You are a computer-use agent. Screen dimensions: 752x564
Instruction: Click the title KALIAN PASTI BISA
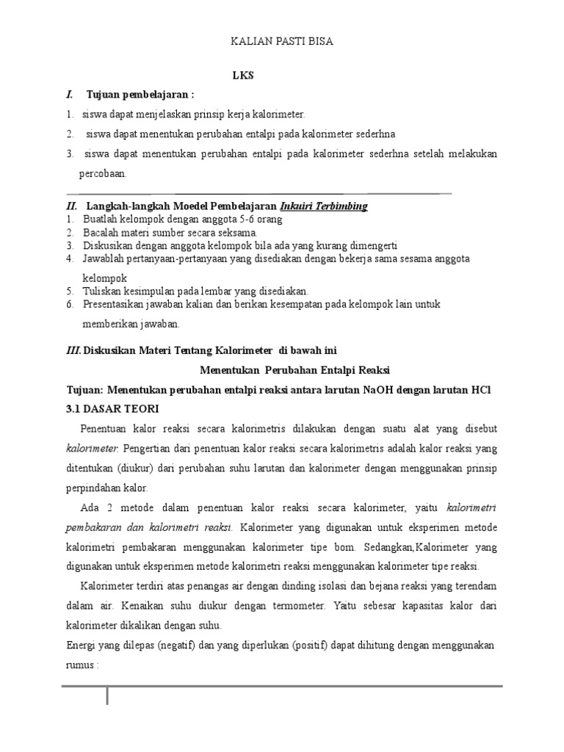(x=282, y=42)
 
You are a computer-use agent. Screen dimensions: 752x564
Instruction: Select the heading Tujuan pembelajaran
(x=140, y=95)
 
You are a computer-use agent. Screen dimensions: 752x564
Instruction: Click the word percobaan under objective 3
(x=103, y=174)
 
